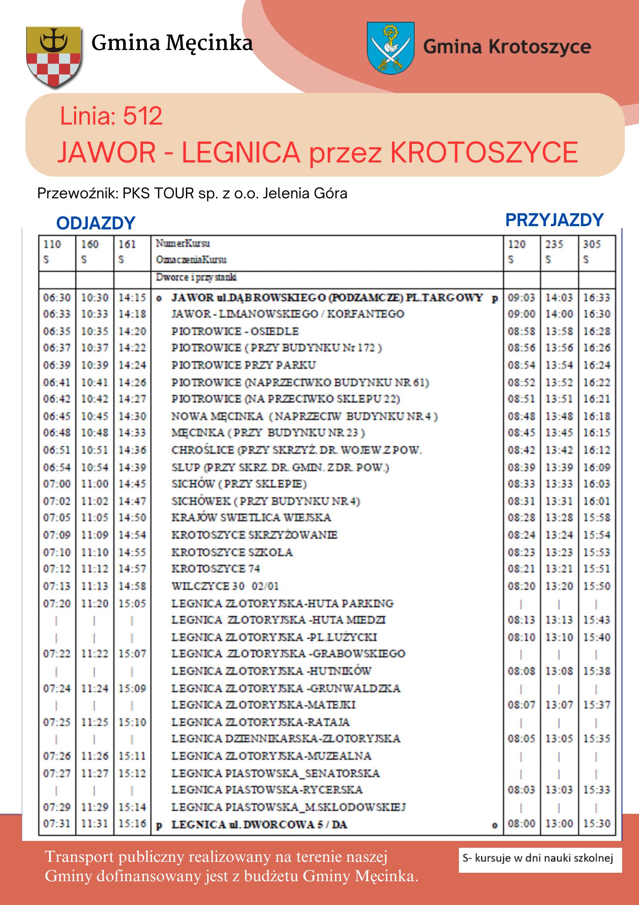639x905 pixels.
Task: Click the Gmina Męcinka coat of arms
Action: (x=54, y=57)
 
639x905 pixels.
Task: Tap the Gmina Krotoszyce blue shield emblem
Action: (x=390, y=48)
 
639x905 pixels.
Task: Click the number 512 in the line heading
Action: (x=143, y=116)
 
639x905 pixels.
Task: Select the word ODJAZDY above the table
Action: (x=95, y=223)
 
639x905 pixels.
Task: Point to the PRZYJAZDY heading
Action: (x=554, y=220)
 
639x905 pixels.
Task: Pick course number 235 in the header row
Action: (x=554, y=244)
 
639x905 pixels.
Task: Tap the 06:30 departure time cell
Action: (x=56, y=298)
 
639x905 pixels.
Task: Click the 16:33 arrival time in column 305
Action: (x=597, y=298)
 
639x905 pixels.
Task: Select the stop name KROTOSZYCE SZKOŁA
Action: (x=232, y=552)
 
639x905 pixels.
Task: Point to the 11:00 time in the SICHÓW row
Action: (x=95, y=483)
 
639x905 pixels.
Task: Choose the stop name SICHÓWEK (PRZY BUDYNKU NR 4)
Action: (x=266, y=501)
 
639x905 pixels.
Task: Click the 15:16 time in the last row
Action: (x=132, y=823)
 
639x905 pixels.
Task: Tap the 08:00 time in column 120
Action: (x=521, y=823)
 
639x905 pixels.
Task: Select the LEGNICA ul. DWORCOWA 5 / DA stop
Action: (x=259, y=824)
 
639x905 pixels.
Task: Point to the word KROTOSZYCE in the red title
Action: (x=484, y=152)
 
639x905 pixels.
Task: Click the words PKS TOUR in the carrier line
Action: (x=158, y=193)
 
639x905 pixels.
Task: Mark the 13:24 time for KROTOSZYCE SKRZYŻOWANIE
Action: (x=559, y=535)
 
